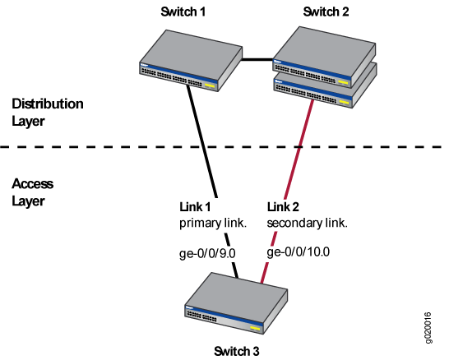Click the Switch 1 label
183,12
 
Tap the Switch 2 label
326,12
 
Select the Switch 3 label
236,351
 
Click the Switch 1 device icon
191,61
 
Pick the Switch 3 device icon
236,303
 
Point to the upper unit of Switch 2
325,57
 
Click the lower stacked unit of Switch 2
326,90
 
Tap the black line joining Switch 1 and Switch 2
257,60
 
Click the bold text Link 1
195,206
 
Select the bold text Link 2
283,206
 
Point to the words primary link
213,224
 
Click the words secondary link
307,224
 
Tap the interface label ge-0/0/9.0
207,253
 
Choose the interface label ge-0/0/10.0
298,252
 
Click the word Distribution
48,104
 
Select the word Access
32,183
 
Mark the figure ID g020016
428,328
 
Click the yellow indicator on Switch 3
255,328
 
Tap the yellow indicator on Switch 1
210,85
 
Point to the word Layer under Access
28,201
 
